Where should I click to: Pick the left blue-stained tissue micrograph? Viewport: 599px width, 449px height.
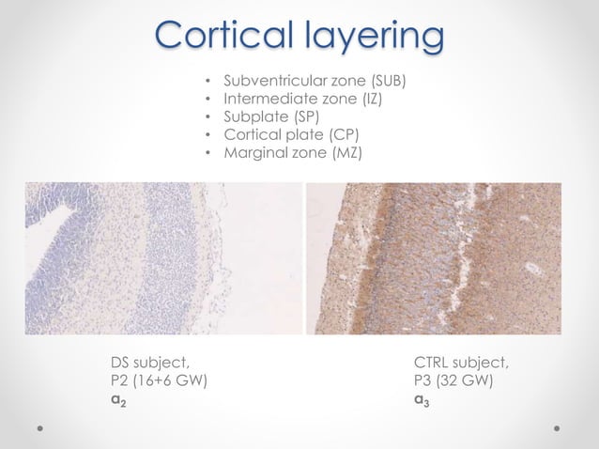pos(162,258)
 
